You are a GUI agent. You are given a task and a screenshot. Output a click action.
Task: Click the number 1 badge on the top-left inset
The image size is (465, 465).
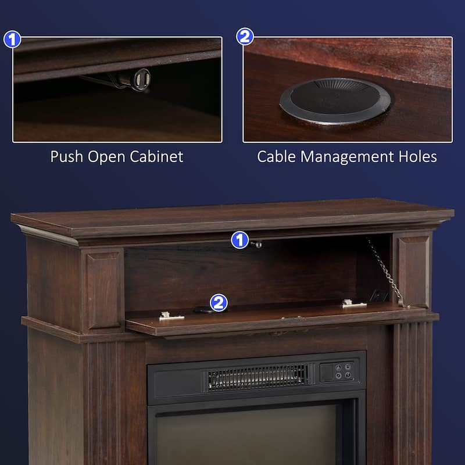tap(12, 39)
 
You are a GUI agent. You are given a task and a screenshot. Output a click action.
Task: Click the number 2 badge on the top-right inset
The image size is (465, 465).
tap(245, 37)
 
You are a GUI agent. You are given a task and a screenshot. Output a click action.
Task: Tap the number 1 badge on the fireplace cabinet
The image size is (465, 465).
tap(240, 240)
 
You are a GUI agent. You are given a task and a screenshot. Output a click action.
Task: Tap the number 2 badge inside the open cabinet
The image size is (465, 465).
tap(219, 302)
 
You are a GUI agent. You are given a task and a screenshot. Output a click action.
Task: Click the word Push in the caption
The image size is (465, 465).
tap(66, 156)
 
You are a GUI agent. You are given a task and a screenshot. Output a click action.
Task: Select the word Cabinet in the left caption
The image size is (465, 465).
tap(156, 156)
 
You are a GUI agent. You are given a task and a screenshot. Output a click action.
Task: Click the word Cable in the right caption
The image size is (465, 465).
tap(277, 156)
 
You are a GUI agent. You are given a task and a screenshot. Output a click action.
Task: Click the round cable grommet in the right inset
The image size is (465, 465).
tap(335, 101)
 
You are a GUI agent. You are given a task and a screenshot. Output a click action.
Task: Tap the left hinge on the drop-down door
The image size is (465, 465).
tap(171, 316)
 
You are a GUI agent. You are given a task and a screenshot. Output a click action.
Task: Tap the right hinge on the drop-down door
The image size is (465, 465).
tap(354, 303)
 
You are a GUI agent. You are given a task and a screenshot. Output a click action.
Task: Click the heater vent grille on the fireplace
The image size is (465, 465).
tap(257, 377)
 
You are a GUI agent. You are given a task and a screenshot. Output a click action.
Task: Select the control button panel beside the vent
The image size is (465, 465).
tap(337, 371)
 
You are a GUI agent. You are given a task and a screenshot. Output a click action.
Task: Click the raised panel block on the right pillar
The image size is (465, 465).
tap(413, 272)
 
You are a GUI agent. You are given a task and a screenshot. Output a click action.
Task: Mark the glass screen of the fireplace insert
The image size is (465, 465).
tap(246, 434)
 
